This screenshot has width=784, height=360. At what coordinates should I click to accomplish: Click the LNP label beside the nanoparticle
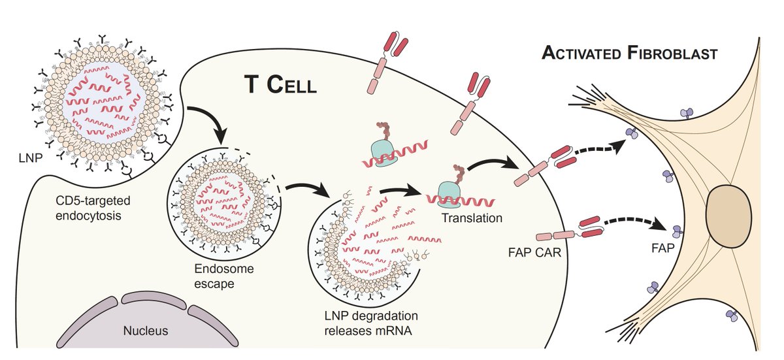click(31, 158)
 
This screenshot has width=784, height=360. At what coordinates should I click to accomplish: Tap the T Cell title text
click(280, 85)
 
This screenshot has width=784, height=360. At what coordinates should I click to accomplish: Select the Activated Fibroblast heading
click(630, 54)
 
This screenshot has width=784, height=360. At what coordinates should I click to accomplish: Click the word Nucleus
click(146, 331)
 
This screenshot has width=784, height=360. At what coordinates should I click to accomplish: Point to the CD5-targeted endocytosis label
click(93, 208)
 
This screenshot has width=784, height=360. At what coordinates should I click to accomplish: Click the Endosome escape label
click(223, 276)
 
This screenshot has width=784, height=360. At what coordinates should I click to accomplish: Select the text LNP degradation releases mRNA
click(371, 323)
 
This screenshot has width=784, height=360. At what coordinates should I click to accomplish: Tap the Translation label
click(472, 218)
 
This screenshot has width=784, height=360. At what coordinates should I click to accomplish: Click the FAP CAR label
click(534, 252)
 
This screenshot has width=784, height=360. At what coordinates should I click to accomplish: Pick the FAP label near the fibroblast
click(663, 248)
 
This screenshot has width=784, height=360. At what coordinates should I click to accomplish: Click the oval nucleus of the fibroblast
click(728, 216)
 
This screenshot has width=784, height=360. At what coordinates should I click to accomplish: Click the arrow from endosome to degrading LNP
click(308, 190)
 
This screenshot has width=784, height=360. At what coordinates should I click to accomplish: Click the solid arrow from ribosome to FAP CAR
click(493, 164)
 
